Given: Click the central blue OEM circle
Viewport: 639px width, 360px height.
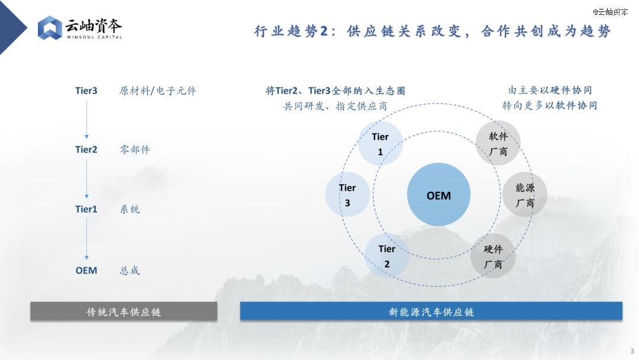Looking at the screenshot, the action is click(438, 194).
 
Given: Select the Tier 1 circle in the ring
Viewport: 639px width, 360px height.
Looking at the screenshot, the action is click(380, 143).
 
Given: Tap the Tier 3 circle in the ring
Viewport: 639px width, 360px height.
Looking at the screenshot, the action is click(347, 194).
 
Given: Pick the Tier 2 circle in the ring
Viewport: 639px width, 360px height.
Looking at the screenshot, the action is click(387, 256).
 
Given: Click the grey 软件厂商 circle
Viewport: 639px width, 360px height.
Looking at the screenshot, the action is click(498, 143).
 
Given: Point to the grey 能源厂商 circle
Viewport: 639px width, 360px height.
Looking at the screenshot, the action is click(525, 194).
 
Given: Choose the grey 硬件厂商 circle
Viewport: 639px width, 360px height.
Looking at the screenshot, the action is click(493, 256).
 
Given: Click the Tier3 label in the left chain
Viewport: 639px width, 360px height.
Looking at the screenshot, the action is click(86, 91).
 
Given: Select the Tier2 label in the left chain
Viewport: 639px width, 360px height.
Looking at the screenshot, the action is click(86, 150).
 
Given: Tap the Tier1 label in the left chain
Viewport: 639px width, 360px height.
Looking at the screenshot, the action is click(86, 209).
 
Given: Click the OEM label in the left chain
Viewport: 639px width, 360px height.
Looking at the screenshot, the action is click(86, 271).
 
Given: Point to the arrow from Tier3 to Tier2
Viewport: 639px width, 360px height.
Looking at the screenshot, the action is click(86, 119).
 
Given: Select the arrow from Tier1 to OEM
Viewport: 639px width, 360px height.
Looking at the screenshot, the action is click(86, 239).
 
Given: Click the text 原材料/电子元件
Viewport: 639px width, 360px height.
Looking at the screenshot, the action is click(158, 91).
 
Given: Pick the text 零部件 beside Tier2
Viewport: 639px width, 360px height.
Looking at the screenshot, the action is click(135, 150).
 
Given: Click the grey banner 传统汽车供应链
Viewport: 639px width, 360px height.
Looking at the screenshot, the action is click(124, 311).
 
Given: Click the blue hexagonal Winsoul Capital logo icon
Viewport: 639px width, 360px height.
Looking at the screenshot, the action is click(50, 28).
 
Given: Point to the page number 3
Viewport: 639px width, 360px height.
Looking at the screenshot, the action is click(632, 351).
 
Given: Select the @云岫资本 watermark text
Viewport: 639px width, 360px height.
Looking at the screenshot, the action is click(610, 12).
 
